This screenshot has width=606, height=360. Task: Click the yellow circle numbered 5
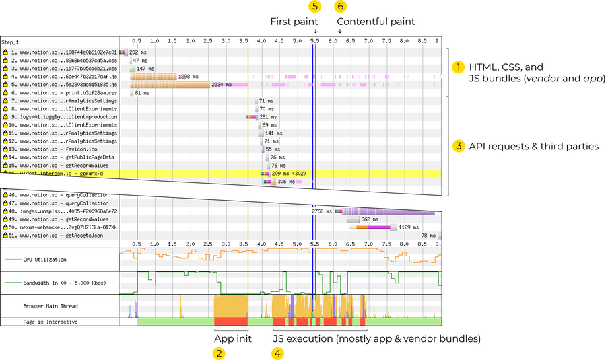[315, 7]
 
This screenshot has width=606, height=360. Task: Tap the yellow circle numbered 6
[341, 7]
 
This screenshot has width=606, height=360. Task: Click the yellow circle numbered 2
[219, 353]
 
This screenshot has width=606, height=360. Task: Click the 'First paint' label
[294, 22]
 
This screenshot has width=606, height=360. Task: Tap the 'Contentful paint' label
[376, 22]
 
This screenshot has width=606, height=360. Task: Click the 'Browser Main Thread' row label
[50, 306]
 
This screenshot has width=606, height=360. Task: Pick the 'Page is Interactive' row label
[49, 322]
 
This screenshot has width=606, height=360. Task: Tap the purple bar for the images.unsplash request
[387, 211]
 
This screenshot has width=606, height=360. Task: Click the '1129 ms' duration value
[409, 227]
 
